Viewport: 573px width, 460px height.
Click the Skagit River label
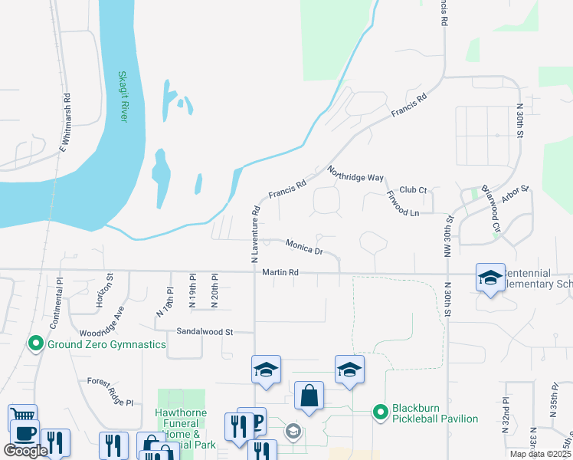[123, 97]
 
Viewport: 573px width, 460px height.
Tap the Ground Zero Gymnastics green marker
[34, 344]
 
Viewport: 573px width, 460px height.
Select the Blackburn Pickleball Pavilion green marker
[380, 412]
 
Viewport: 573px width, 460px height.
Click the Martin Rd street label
[280, 272]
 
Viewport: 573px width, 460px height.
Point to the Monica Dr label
[304, 246]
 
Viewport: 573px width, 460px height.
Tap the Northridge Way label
[355, 173]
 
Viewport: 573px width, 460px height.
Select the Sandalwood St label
[204, 332]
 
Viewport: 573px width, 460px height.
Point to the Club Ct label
[412, 189]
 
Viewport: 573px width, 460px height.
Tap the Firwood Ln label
[402, 203]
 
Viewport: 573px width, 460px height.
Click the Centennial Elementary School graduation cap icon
[490, 278]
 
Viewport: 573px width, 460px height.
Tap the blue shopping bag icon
[309, 396]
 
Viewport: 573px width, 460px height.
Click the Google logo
[26, 451]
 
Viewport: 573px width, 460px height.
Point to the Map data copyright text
[541, 454]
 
